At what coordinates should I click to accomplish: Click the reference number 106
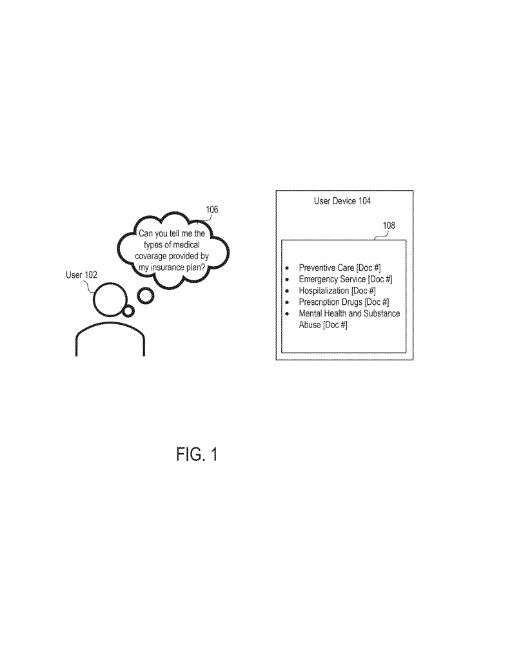tap(212, 209)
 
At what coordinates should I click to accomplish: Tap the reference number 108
tap(389, 226)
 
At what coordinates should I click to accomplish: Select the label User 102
tap(82, 275)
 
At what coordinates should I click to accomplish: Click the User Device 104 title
tap(342, 201)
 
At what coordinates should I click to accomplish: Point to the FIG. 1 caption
tap(197, 454)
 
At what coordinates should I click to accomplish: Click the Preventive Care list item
tap(340, 267)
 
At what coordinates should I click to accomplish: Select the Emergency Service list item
tap(346, 279)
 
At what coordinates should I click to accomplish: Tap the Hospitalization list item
tap(337, 291)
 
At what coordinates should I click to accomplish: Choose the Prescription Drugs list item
tap(344, 302)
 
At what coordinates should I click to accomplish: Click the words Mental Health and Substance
tap(349, 314)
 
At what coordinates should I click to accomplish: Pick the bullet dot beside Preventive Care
tap(287, 267)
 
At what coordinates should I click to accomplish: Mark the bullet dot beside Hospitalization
tap(287, 291)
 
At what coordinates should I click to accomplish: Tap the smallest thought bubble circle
tap(128, 311)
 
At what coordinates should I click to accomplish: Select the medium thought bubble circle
tap(146, 296)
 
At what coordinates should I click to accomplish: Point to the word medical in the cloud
tap(186, 245)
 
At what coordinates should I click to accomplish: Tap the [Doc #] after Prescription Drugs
tap(377, 302)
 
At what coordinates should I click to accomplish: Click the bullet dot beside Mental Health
tap(287, 315)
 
